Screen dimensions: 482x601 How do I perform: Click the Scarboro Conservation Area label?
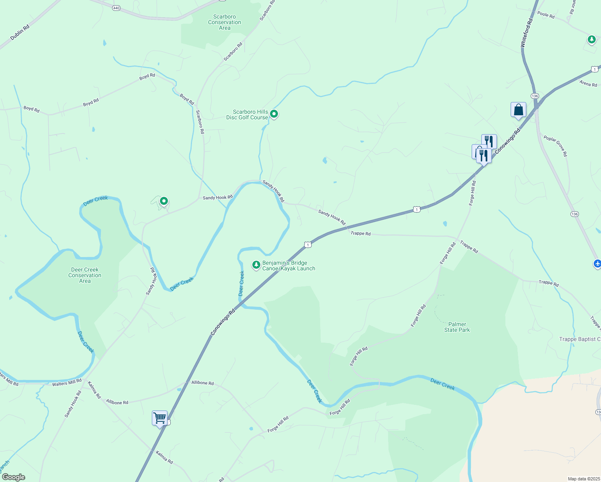(225, 22)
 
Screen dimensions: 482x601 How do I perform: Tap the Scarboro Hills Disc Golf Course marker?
(274, 114)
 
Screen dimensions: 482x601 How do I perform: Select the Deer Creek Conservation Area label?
(85, 276)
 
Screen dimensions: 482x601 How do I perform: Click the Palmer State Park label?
(457, 327)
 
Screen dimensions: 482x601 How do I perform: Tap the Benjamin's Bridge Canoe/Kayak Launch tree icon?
(256, 265)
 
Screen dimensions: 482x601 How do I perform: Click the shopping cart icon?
(159, 418)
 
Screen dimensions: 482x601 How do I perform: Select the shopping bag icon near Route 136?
(518, 110)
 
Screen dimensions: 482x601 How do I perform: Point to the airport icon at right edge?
(597, 263)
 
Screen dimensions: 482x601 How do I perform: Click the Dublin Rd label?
(20, 33)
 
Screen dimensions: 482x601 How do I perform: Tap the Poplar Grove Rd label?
(556, 146)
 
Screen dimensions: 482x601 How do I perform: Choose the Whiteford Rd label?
(526, 33)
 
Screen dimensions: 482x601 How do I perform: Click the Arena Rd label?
(588, 84)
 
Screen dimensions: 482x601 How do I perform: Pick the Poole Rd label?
(546, 15)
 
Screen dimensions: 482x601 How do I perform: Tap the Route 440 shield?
(117, 8)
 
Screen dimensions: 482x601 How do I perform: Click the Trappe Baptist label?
(579, 339)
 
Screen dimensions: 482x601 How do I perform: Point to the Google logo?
(13, 477)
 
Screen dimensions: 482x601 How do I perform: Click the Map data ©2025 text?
(583, 479)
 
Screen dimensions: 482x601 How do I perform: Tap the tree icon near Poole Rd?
(591, 39)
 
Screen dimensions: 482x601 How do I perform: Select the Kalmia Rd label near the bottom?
(164, 457)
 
